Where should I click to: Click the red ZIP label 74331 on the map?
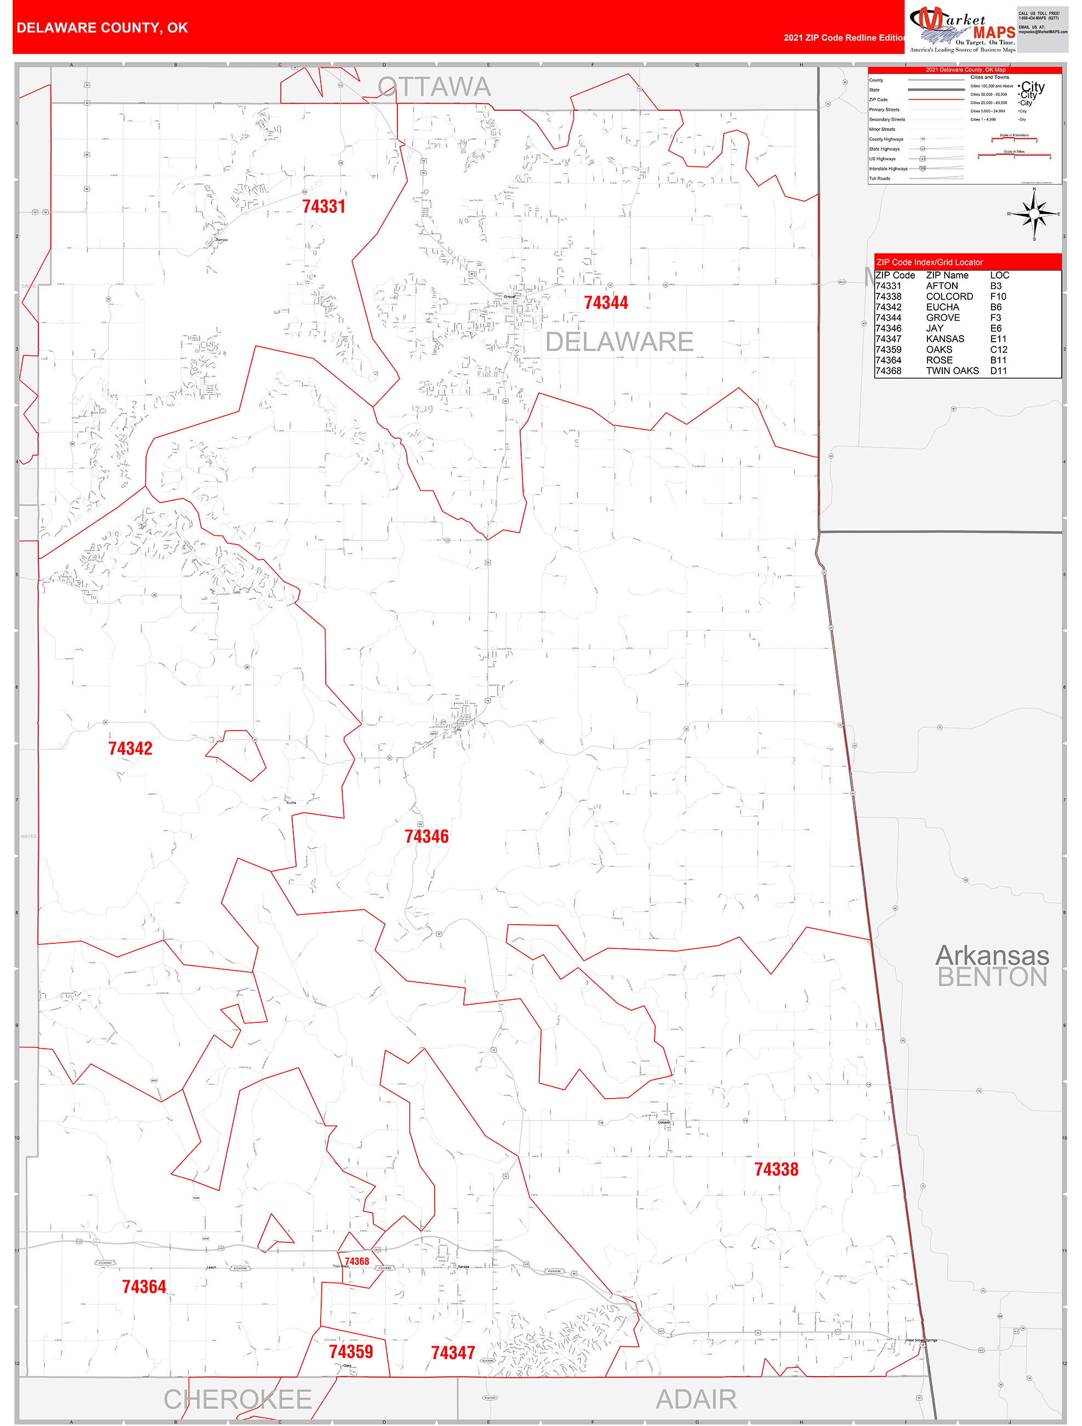(323, 206)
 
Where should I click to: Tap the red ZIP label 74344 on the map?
(605, 302)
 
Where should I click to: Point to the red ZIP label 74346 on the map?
(426, 836)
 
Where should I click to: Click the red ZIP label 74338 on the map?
(776, 1169)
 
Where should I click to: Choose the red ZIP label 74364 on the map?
(144, 1287)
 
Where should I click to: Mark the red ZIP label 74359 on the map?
(351, 1351)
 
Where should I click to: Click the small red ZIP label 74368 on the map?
(356, 1261)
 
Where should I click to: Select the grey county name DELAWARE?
(619, 342)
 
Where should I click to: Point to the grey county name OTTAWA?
(434, 87)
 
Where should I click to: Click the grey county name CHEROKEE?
(238, 1400)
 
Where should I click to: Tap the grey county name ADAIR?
(696, 1400)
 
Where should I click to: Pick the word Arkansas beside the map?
(992, 955)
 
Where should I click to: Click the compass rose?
(1034, 213)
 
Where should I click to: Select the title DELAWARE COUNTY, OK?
(102, 28)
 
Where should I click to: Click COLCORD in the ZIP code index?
(949, 297)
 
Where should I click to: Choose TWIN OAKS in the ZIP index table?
(952, 371)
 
